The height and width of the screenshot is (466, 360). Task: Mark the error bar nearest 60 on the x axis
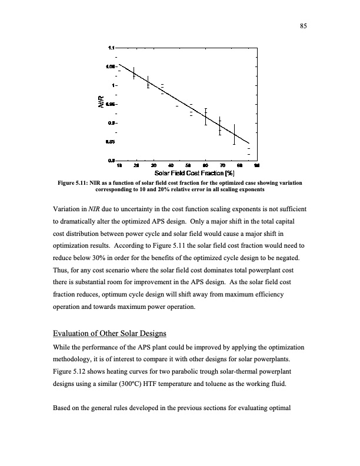pyautogui.click(x=206, y=116)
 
